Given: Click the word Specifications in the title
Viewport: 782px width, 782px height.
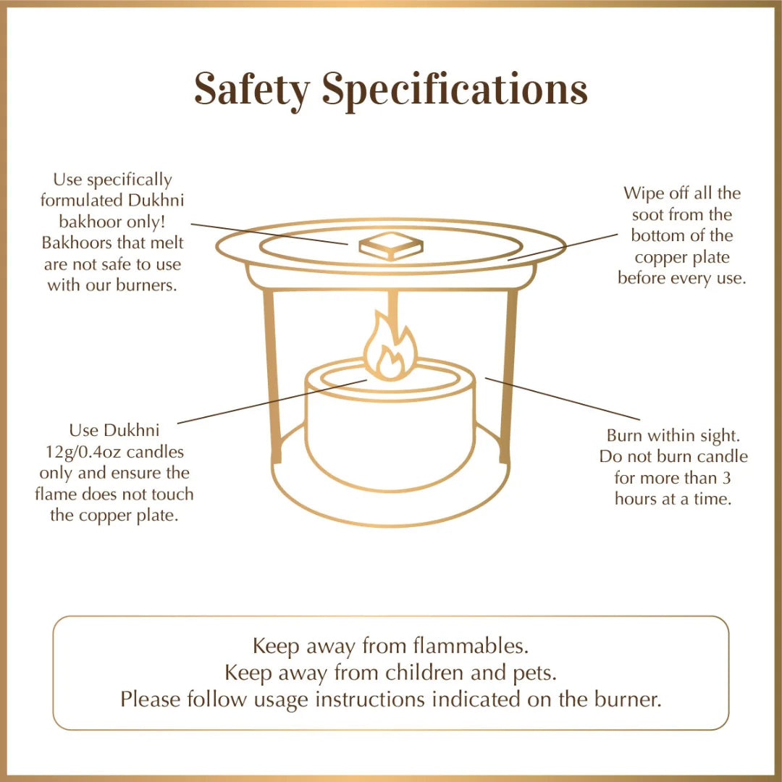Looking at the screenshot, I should coord(455,91).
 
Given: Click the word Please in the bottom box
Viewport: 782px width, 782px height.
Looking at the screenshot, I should coord(151,699).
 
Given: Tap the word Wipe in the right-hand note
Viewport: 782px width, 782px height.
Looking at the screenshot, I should coord(642,193).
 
